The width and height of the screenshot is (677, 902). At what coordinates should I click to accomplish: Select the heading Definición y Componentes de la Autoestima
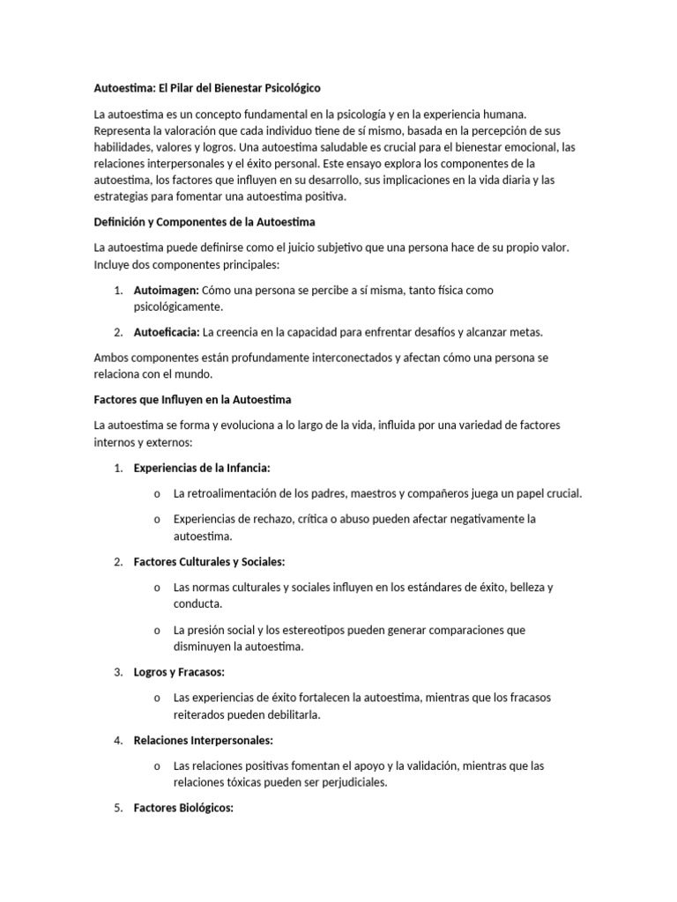[x=205, y=222]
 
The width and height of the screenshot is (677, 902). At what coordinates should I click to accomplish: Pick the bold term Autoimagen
[x=166, y=290]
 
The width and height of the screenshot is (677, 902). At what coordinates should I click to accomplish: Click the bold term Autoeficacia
[x=166, y=332]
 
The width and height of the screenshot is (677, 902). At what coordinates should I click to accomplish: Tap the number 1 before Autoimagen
[x=118, y=290]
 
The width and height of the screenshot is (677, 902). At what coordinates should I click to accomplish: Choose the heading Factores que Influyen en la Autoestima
[x=192, y=400]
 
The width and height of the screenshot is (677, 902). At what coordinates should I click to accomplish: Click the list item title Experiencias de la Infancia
[x=202, y=468]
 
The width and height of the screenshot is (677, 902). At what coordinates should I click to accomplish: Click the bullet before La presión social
[x=156, y=631]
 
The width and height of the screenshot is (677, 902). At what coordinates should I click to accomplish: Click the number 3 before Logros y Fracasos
[x=118, y=672]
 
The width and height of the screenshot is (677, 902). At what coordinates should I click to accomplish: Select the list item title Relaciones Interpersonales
[x=203, y=740]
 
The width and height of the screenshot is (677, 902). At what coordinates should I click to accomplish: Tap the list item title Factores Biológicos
[x=183, y=808]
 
